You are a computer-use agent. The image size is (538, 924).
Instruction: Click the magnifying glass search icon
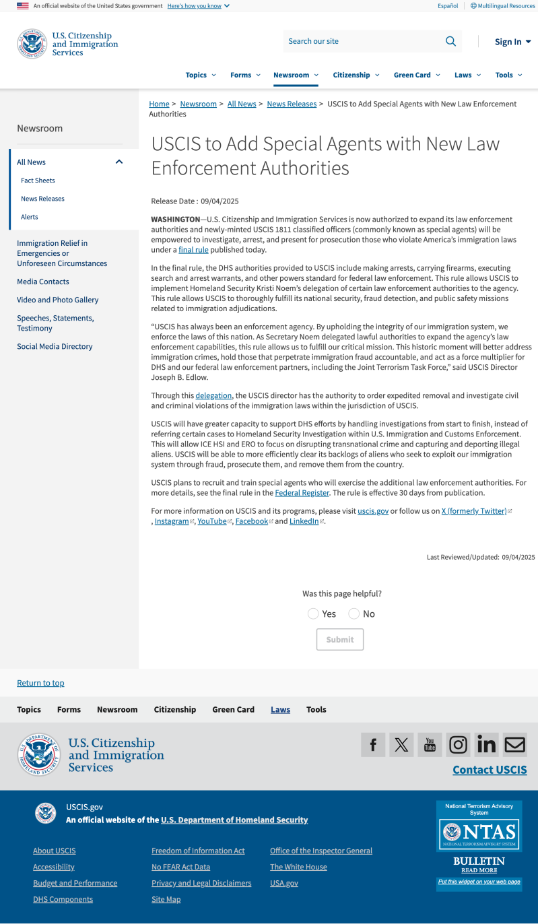(x=450, y=41)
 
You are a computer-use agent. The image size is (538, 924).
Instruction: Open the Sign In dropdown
(x=512, y=42)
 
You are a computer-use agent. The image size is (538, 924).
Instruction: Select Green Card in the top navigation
(x=416, y=75)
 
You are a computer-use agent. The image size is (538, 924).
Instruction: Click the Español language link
(x=448, y=5)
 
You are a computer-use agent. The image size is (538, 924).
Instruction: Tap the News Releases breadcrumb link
(x=292, y=104)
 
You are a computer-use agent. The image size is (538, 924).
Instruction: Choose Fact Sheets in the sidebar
(x=38, y=180)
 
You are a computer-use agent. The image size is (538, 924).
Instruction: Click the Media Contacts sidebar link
(x=43, y=282)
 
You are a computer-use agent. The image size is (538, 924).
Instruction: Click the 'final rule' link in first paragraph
(x=193, y=250)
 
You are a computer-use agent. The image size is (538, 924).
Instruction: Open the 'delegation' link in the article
(x=213, y=395)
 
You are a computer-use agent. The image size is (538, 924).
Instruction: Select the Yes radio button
(x=313, y=614)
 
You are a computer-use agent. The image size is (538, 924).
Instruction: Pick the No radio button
(x=354, y=614)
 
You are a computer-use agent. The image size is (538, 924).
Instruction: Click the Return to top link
(x=40, y=683)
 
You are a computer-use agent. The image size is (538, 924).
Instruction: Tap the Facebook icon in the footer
(x=373, y=744)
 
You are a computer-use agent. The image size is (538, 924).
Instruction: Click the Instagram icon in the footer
(x=458, y=744)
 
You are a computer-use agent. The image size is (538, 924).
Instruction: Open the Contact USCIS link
(x=490, y=770)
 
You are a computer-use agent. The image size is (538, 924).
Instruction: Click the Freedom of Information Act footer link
(x=198, y=851)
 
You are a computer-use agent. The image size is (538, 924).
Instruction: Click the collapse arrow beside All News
(x=119, y=162)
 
